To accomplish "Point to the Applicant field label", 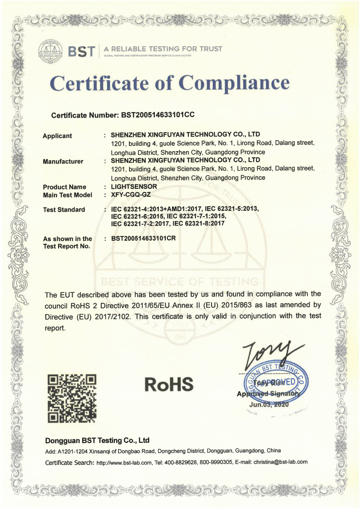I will click(57, 136).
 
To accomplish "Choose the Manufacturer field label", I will click(63, 161).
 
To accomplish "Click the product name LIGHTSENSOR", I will click(134, 187).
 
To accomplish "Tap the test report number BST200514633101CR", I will click(143, 238).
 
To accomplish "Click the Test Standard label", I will click(64, 209).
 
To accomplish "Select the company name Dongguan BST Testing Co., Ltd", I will click(98, 440).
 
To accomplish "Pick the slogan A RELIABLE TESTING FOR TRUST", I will click(163, 49).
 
